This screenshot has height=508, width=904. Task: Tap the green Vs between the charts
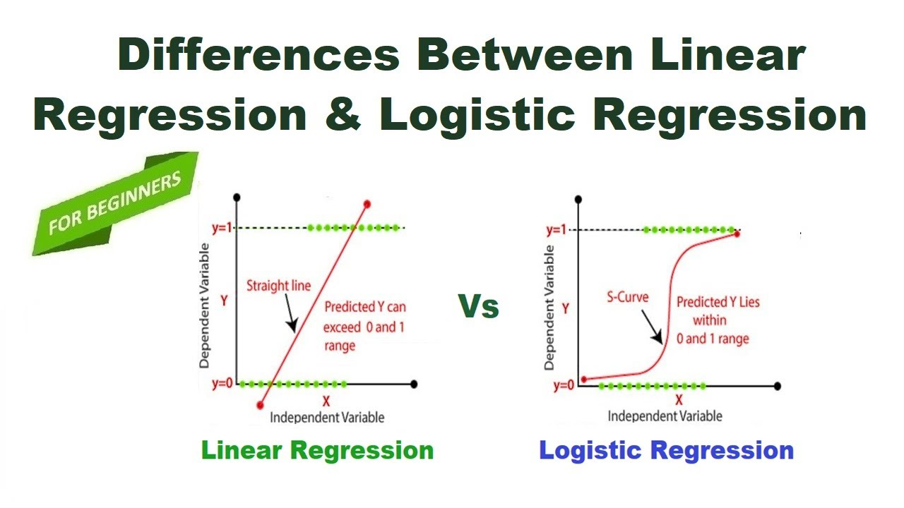point(478,306)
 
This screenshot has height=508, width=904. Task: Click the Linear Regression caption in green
point(317,450)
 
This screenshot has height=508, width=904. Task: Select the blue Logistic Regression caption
point(666,450)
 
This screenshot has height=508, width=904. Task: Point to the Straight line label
point(278,286)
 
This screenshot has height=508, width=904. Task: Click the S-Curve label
point(628,296)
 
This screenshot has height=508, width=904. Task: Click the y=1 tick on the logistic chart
point(558,230)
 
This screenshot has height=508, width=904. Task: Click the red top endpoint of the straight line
point(367,204)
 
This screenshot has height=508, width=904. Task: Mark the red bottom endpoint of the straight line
point(261,405)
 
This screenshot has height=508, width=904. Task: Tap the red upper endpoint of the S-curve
point(737,233)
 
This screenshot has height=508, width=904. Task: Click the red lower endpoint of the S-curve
point(583,380)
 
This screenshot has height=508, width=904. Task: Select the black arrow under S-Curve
point(651,327)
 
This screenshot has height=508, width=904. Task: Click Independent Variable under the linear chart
point(327,417)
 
